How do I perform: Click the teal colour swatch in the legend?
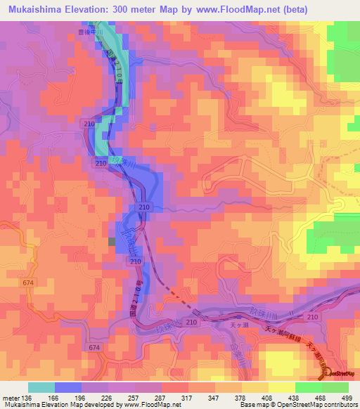coord(41,387)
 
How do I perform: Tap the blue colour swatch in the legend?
coord(68,387)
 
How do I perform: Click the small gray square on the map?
coord(111,242)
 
